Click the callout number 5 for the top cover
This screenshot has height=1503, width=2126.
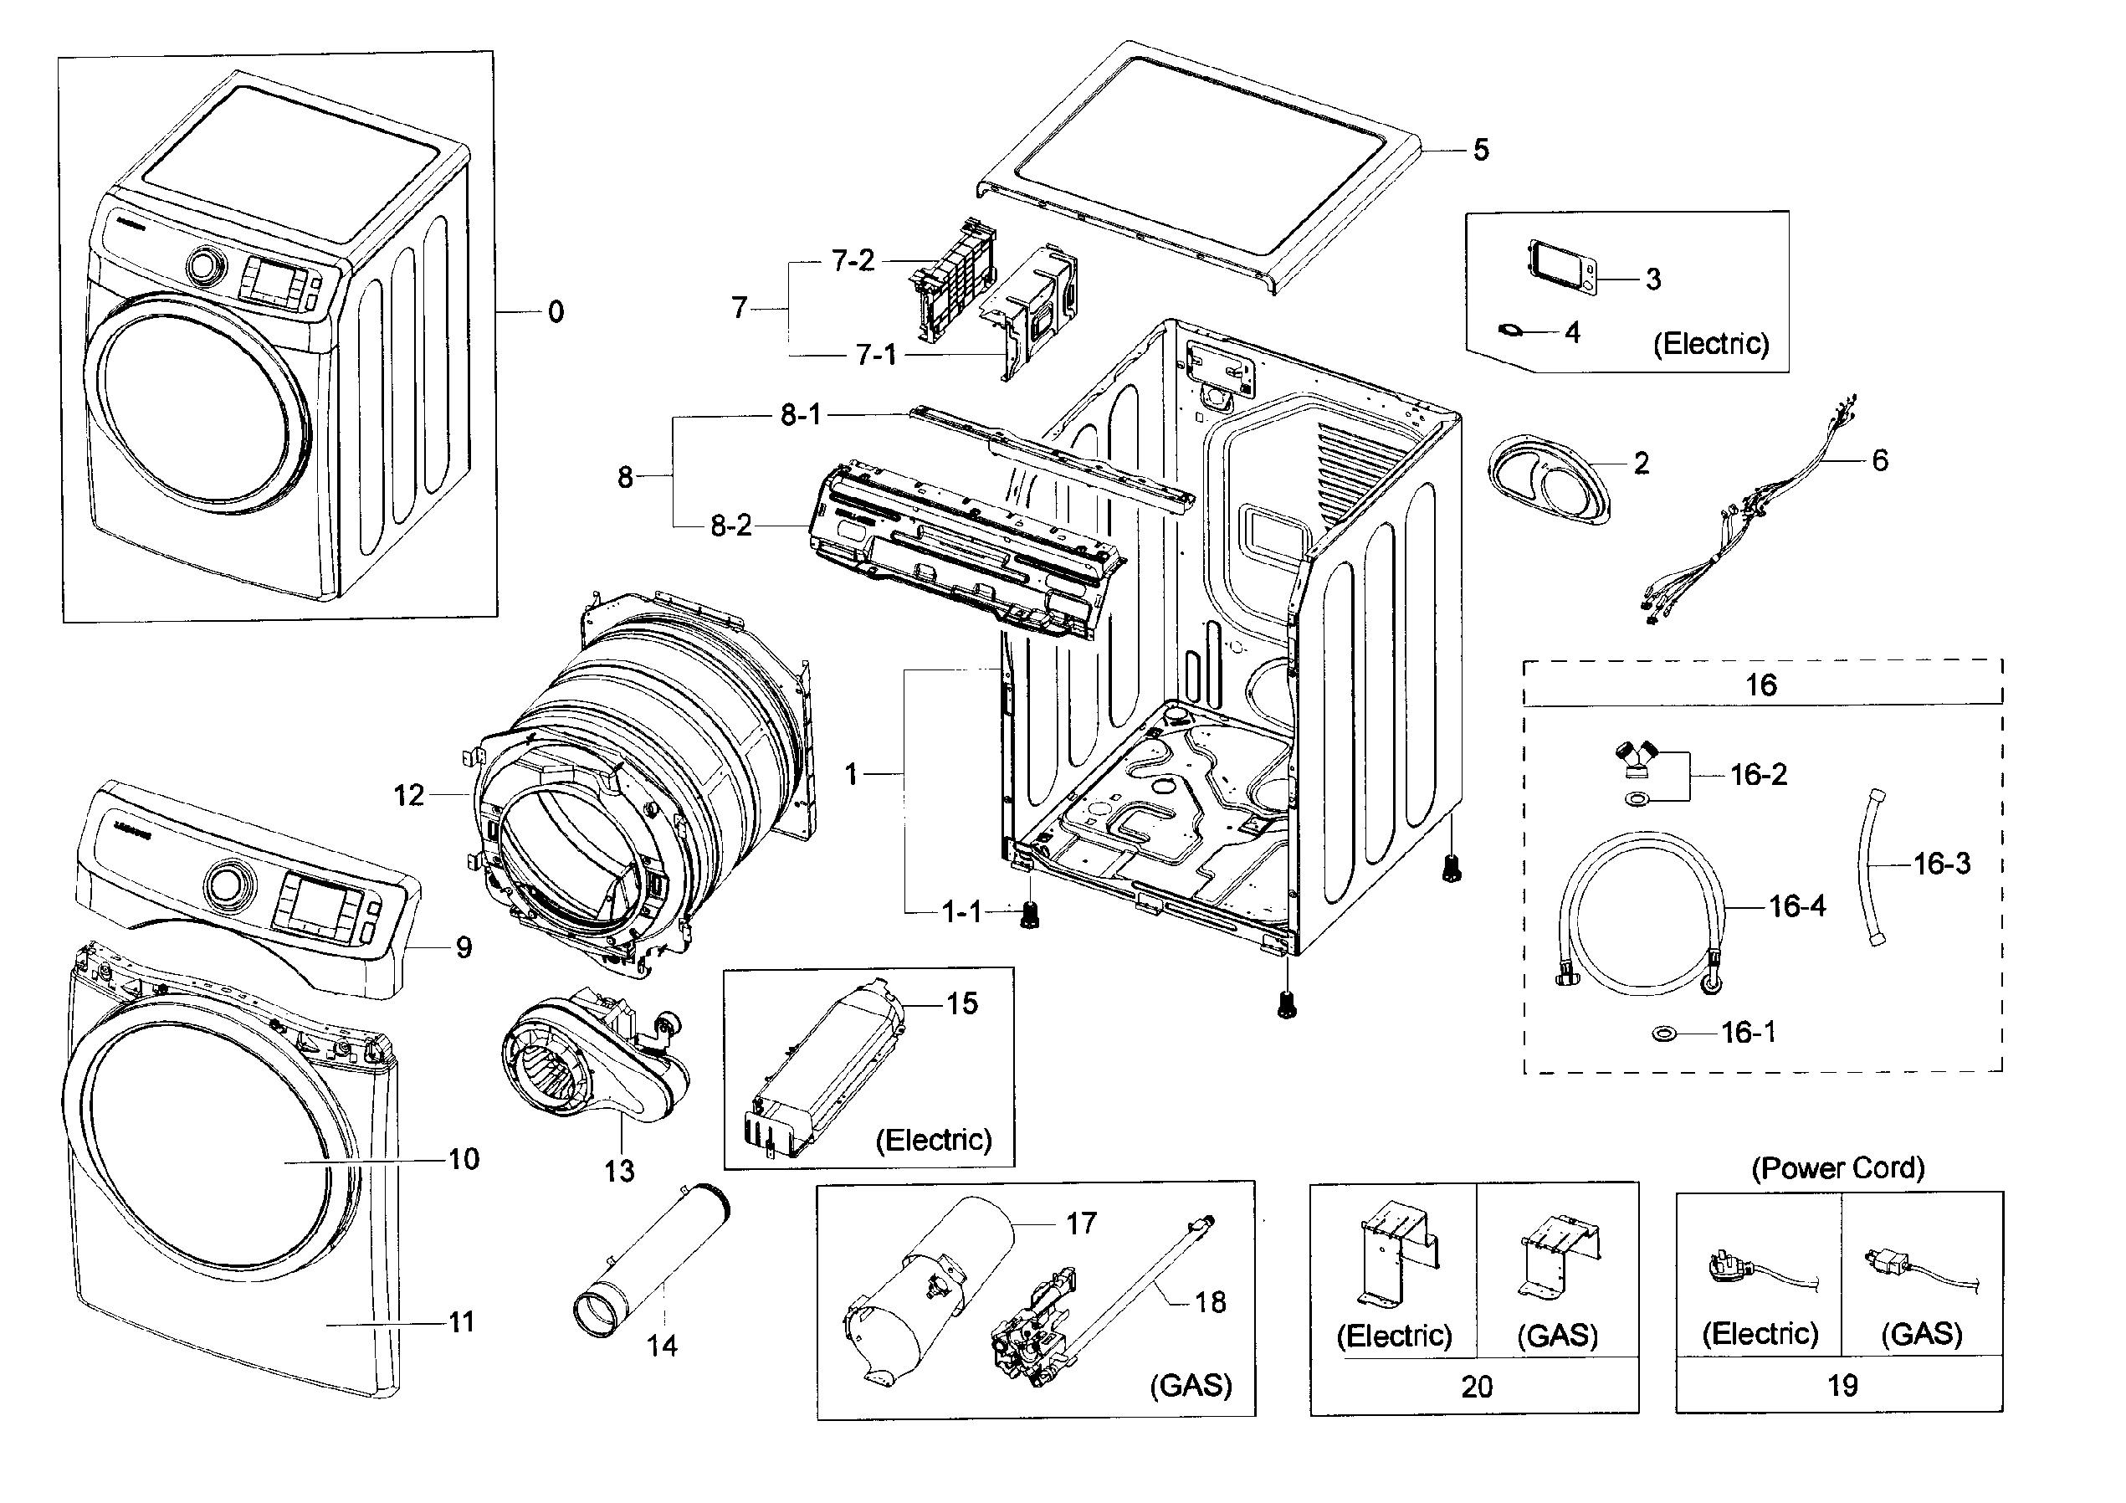pyautogui.click(x=1481, y=150)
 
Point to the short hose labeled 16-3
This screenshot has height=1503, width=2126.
pyautogui.click(x=1872, y=866)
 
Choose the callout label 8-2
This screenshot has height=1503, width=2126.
pyautogui.click(x=730, y=526)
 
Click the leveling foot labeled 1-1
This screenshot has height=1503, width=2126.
pyautogui.click(x=1029, y=916)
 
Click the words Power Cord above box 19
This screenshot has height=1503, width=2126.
pyautogui.click(x=1837, y=1167)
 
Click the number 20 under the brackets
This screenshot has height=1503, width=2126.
pyautogui.click(x=1476, y=1387)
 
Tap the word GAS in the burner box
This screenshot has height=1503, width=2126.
pyautogui.click(x=1191, y=1385)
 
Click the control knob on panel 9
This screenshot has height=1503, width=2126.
pyautogui.click(x=226, y=885)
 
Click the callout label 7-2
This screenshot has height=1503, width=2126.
pyautogui.click(x=852, y=261)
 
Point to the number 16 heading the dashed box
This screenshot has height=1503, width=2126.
pyautogui.click(x=1760, y=685)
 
